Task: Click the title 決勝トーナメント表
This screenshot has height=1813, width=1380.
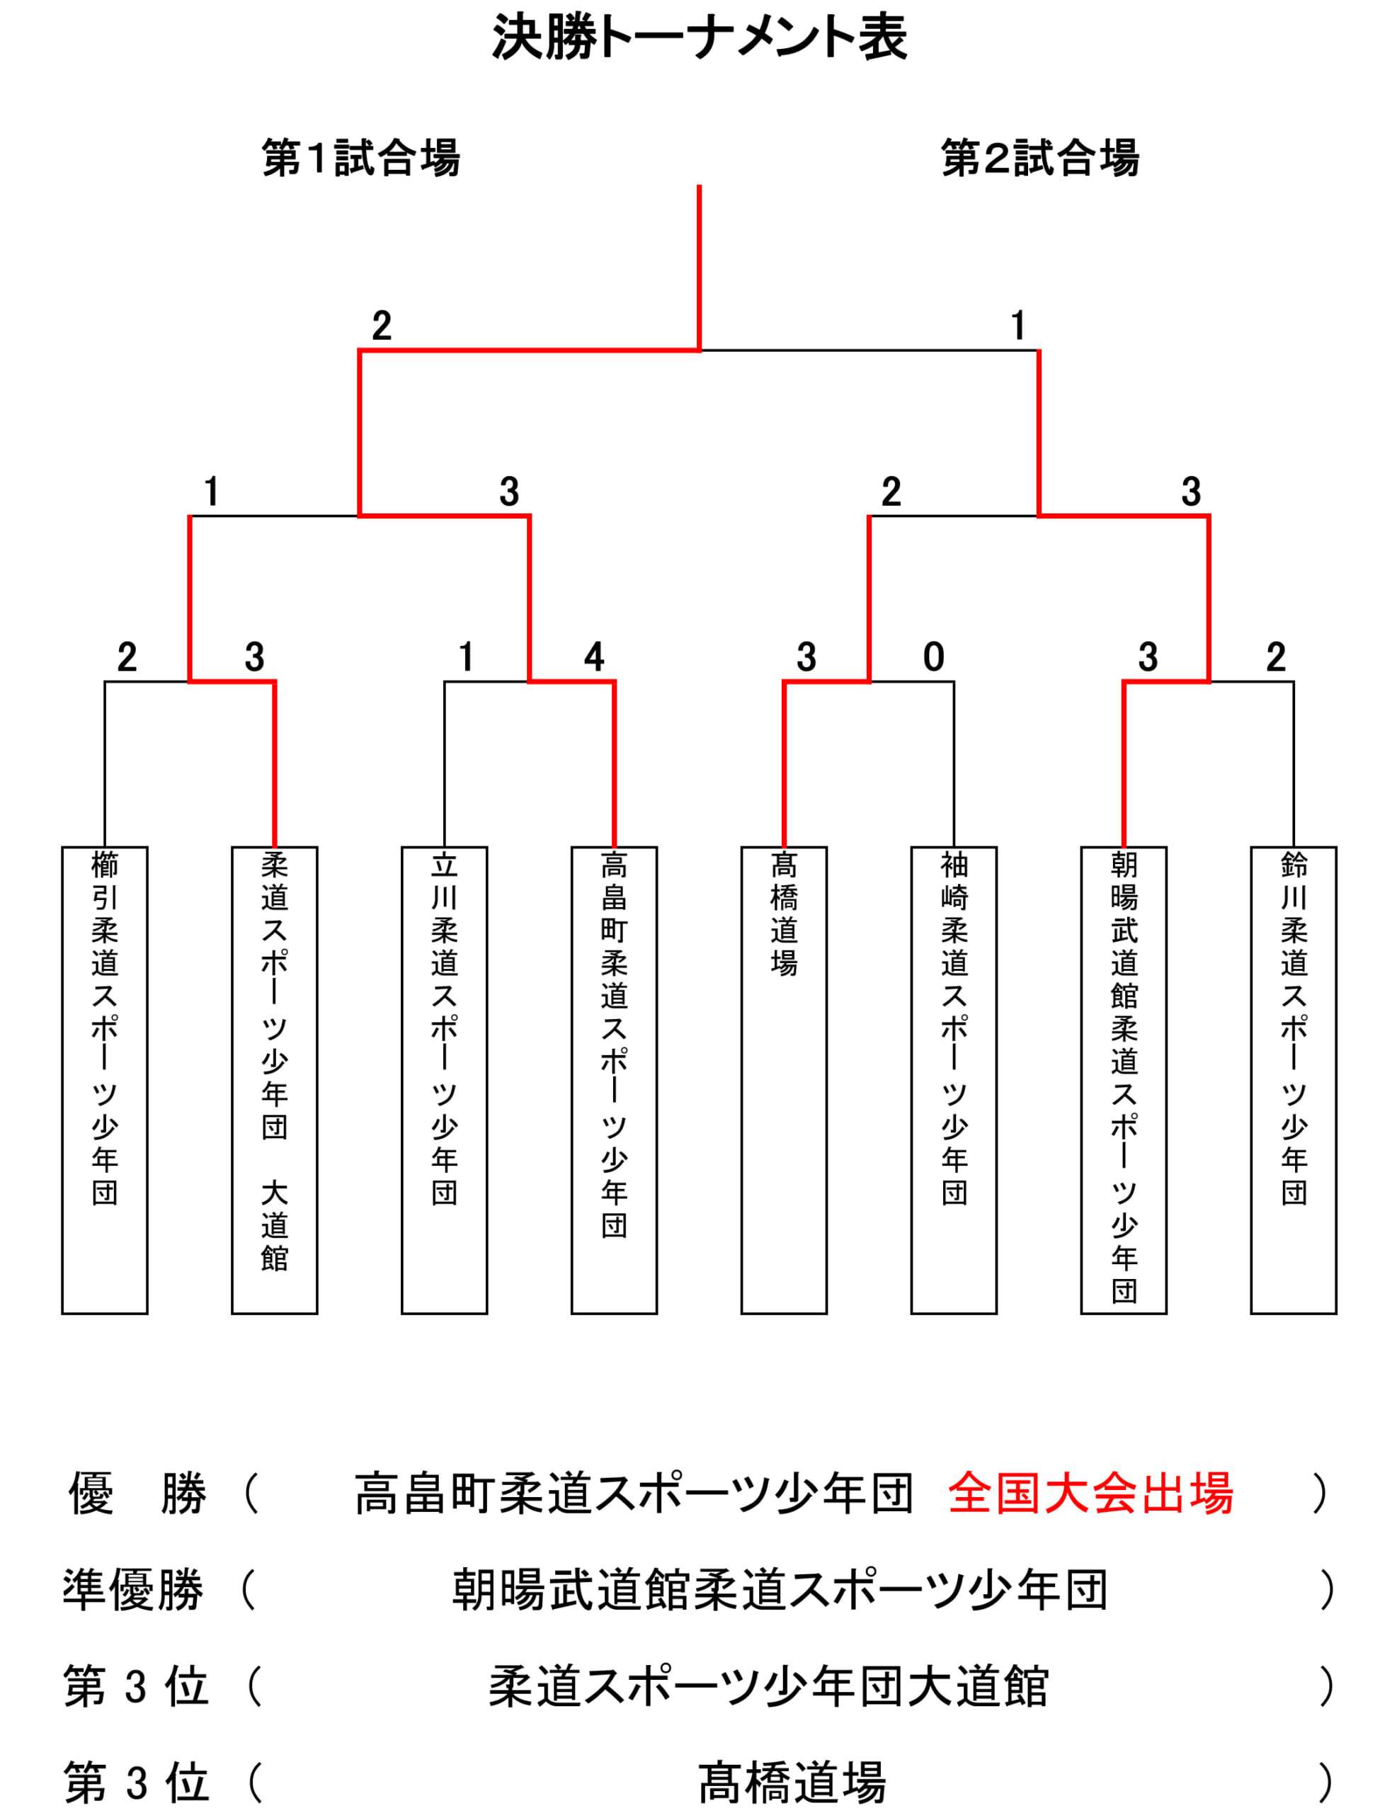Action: click(699, 38)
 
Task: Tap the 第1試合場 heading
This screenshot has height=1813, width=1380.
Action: click(360, 158)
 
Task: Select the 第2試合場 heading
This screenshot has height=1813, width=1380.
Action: click(1040, 158)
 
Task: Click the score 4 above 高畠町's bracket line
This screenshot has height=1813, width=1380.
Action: click(594, 657)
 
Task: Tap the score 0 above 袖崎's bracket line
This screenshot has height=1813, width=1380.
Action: click(934, 657)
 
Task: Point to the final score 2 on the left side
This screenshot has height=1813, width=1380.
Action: click(381, 326)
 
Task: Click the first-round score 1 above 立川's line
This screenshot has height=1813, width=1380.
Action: click(467, 657)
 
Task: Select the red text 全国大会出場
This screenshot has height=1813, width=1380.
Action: click(1090, 1494)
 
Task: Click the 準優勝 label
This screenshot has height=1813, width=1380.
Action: click(133, 1589)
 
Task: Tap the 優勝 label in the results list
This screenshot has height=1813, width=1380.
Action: click(137, 1494)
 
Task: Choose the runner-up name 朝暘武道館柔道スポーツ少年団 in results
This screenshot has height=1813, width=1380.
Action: click(780, 1589)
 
